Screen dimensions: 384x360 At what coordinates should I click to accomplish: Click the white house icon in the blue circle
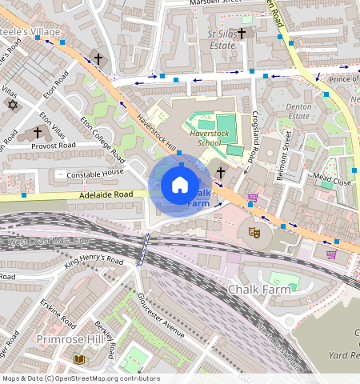[180, 186]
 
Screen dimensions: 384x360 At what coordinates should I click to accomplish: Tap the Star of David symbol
[11, 105]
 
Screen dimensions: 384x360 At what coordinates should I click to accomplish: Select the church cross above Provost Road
[37, 132]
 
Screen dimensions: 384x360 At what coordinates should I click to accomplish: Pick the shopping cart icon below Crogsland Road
[253, 198]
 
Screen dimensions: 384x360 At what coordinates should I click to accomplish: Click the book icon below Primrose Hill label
[78, 359]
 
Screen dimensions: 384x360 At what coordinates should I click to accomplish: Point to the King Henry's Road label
[94, 261]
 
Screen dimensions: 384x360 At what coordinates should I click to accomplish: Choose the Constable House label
[95, 173]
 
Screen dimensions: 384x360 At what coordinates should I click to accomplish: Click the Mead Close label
[333, 181]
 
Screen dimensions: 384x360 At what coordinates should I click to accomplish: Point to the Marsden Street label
[215, 2]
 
